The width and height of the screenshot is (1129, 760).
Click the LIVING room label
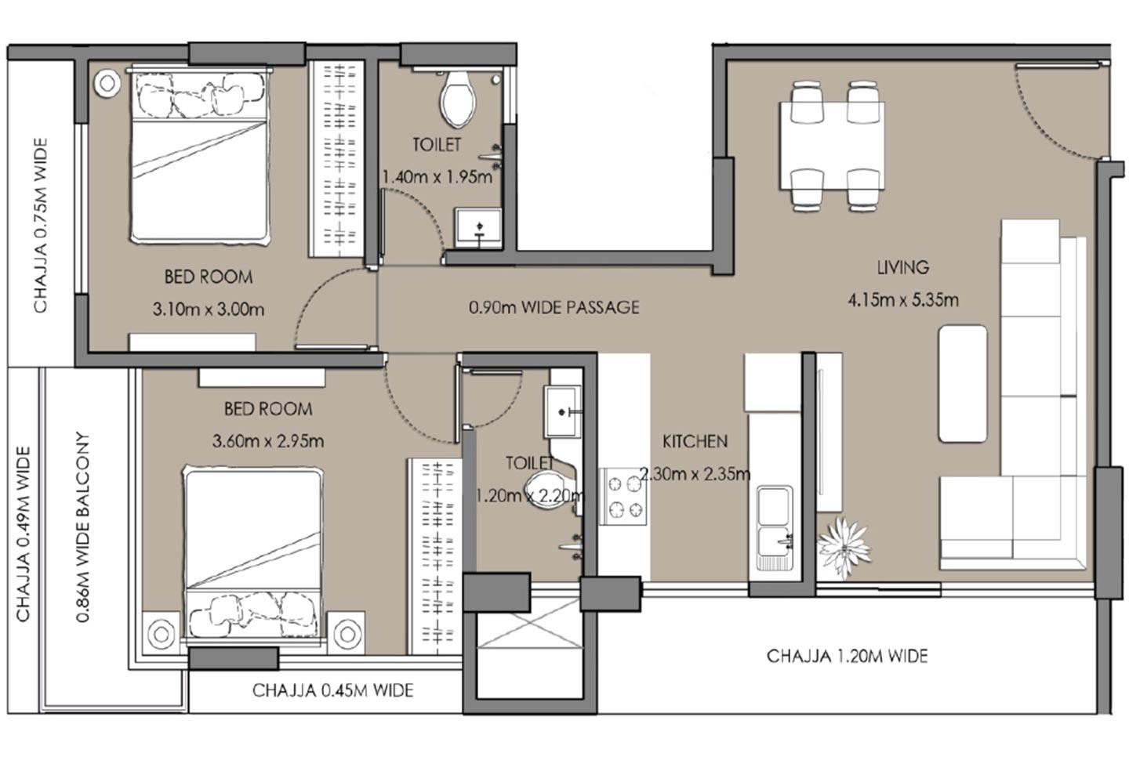(x=902, y=267)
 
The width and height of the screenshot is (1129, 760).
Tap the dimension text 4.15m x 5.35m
(x=902, y=299)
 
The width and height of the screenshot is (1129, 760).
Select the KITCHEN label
(x=695, y=441)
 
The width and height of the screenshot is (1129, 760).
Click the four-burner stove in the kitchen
(x=623, y=497)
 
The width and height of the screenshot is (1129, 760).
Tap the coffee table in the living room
(x=962, y=384)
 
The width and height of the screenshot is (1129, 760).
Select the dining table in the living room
(x=832, y=146)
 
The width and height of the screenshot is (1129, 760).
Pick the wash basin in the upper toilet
(x=478, y=227)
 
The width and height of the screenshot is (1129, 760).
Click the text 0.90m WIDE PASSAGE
(x=554, y=307)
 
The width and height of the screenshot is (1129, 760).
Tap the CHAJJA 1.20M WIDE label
(x=847, y=656)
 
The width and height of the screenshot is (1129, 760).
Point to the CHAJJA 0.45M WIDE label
(x=332, y=690)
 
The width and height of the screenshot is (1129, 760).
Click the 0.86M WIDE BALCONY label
(x=82, y=527)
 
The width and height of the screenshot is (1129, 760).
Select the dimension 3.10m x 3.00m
(x=209, y=309)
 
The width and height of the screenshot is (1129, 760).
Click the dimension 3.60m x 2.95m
(x=268, y=441)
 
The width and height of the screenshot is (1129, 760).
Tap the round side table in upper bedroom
(x=107, y=83)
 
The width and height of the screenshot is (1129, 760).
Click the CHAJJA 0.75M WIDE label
(x=40, y=226)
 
